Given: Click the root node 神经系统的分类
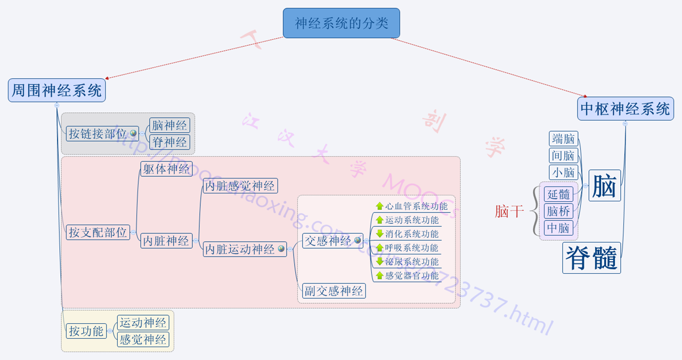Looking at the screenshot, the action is (x=341, y=23).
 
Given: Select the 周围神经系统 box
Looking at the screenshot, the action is (x=56, y=90).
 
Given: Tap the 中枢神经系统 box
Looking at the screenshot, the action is (x=625, y=109).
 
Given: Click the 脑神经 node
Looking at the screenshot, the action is (x=169, y=125).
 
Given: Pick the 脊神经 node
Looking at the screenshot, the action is (x=169, y=142).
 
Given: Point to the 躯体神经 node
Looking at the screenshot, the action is (x=166, y=169).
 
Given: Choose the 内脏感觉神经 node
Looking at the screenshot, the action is (x=240, y=186).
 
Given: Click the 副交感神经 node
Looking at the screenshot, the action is (x=334, y=291).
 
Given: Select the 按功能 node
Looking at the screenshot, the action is (x=86, y=331).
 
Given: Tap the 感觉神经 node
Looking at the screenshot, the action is (x=143, y=339).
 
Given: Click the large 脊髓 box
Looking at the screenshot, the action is (x=591, y=258).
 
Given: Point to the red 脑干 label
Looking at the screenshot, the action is (x=509, y=211).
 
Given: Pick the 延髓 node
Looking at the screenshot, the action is (x=558, y=194).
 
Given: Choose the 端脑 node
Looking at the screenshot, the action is (x=564, y=139).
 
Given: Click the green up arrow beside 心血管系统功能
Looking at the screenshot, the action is (x=379, y=206).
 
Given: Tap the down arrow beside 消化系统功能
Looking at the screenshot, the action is (x=379, y=234).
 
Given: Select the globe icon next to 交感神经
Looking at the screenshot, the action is (x=358, y=241).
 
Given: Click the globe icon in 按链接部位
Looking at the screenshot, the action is (x=133, y=133).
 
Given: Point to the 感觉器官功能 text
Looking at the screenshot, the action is (x=412, y=275).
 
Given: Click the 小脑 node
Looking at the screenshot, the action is (x=564, y=173).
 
